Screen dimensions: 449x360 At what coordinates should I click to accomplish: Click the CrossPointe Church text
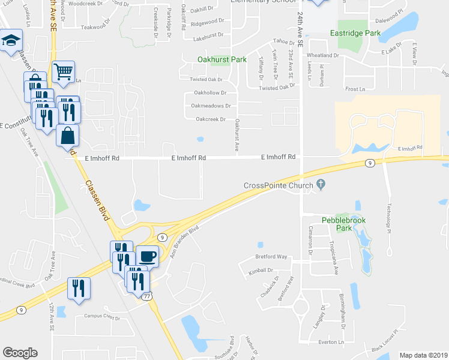coord(279,185)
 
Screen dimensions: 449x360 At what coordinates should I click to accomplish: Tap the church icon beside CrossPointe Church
coord(321,185)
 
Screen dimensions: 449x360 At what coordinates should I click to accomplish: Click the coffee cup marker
coord(148,256)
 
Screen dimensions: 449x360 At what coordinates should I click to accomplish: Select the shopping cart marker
coord(63,72)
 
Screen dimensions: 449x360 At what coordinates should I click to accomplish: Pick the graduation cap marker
coord(10,41)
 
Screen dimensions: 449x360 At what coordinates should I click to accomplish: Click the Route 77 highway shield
coord(147,296)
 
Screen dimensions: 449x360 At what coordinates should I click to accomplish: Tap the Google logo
coord(20,353)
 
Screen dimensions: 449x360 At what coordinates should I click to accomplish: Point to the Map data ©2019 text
coord(424,355)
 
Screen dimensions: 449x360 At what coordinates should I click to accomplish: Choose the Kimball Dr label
coord(260,271)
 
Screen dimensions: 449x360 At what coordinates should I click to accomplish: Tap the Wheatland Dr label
coord(323,55)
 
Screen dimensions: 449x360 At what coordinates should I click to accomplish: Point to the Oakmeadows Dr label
coord(211,106)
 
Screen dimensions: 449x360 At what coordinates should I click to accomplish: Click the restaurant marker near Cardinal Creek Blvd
coord(79,288)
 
